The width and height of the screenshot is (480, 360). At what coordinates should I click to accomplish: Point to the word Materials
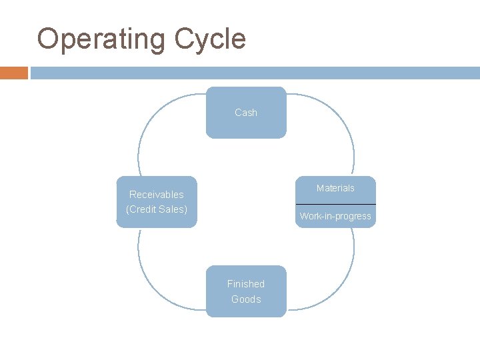(335, 188)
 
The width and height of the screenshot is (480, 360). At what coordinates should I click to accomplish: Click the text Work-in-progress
(335, 216)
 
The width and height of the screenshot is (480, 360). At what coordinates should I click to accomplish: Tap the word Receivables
(157, 195)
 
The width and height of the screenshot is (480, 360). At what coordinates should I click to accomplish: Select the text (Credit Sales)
(157, 209)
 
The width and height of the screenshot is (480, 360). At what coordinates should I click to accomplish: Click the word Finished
(246, 284)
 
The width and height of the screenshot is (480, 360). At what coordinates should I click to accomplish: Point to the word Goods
(246, 299)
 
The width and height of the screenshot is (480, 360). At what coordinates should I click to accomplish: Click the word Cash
(246, 113)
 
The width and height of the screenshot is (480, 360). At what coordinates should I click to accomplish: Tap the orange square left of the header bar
(13, 73)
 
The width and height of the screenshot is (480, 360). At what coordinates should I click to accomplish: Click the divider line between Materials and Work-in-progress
(335, 204)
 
